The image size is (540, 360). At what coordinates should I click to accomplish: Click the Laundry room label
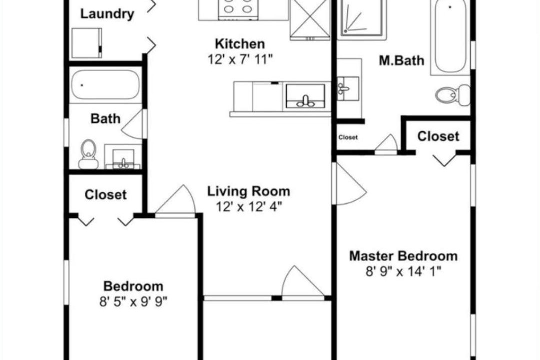107,14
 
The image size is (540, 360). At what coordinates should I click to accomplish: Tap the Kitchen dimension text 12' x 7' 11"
240,60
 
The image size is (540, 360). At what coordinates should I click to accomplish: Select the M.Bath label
401,60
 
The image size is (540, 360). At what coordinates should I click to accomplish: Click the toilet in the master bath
452,94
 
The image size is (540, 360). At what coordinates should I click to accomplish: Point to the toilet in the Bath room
88,154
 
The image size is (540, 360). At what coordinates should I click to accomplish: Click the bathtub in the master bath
450,37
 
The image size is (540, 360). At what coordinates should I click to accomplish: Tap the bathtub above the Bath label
105,85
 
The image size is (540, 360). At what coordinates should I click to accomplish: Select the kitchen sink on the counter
305,96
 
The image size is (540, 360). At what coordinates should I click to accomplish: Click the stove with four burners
238,9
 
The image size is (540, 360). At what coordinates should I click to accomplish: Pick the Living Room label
248,191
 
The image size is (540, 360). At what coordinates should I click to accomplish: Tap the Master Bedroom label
403,256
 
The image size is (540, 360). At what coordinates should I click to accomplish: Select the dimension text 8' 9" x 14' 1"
403,272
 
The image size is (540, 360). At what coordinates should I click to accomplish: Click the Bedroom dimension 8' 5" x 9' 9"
133,302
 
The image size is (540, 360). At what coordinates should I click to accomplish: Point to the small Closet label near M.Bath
348,137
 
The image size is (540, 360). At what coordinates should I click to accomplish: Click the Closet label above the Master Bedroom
438,137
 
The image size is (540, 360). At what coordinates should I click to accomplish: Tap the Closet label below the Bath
105,195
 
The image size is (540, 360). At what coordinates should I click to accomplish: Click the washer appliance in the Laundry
87,43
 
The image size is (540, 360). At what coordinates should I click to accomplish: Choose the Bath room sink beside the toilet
123,159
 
